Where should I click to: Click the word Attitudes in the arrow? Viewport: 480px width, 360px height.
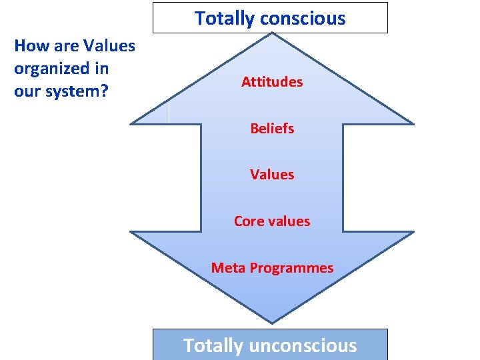(x=272, y=82)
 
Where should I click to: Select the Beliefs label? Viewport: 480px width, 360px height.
(x=272, y=128)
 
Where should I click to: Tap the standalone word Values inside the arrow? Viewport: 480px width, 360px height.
(x=272, y=175)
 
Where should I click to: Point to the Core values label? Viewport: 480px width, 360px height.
(x=272, y=221)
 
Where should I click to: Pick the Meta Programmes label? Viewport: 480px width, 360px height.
(x=272, y=268)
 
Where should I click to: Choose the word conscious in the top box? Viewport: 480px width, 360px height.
(x=303, y=19)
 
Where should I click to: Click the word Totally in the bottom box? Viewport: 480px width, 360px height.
(x=213, y=345)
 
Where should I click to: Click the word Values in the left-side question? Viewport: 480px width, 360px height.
(x=113, y=46)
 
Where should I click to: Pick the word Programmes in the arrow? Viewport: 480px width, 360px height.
(x=291, y=268)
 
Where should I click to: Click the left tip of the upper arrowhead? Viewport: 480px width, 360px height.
(x=131, y=123)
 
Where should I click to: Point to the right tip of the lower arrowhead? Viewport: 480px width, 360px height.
(x=413, y=232)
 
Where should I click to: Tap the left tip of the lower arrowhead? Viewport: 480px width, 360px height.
(x=131, y=232)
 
